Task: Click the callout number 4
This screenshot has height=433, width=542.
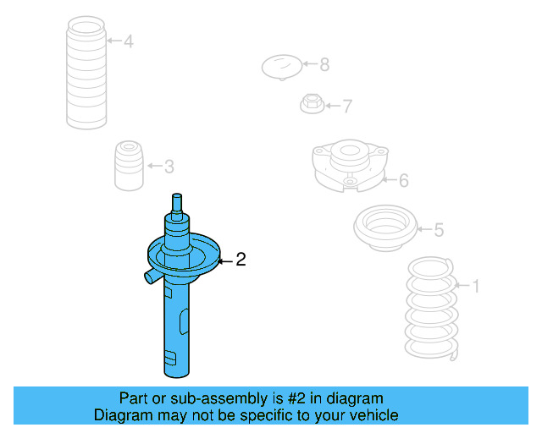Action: pyautogui.click(x=129, y=41)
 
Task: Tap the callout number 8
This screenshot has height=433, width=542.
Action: pyautogui.click(x=324, y=64)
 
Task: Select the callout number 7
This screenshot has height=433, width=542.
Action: pyautogui.click(x=347, y=106)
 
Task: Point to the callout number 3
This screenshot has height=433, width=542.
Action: pyautogui.click(x=169, y=167)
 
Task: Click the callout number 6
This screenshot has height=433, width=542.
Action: pyautogui.click(x=404, y=180)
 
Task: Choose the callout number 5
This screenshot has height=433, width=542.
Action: pyautogui.click(x=439, y=230)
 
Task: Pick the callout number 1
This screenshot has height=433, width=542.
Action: pyautogui.click(x=476, y=286)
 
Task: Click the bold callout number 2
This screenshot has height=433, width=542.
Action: pyautogui.click(x=241, y=260)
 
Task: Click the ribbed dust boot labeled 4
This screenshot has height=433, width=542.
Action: pyautogui.click(x=86, y=73)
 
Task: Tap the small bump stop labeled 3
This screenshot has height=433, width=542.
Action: pyautogui.click(x=129, y=166)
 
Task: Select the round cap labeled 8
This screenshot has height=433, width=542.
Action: pyautogui.click(x=282, y=67)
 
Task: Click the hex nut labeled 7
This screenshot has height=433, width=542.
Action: pyautogui.click(x=312, y=103)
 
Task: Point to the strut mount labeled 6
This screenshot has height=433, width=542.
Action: pyautogui.click(x=350, y=166)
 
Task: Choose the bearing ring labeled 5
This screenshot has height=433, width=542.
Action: pyautogui.click(x=385, y=228)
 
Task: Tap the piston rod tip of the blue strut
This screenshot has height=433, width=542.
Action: pyautogui.click(x=177, y=196)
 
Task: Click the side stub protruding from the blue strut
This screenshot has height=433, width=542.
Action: pyautogui.click(x=152, y=277)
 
